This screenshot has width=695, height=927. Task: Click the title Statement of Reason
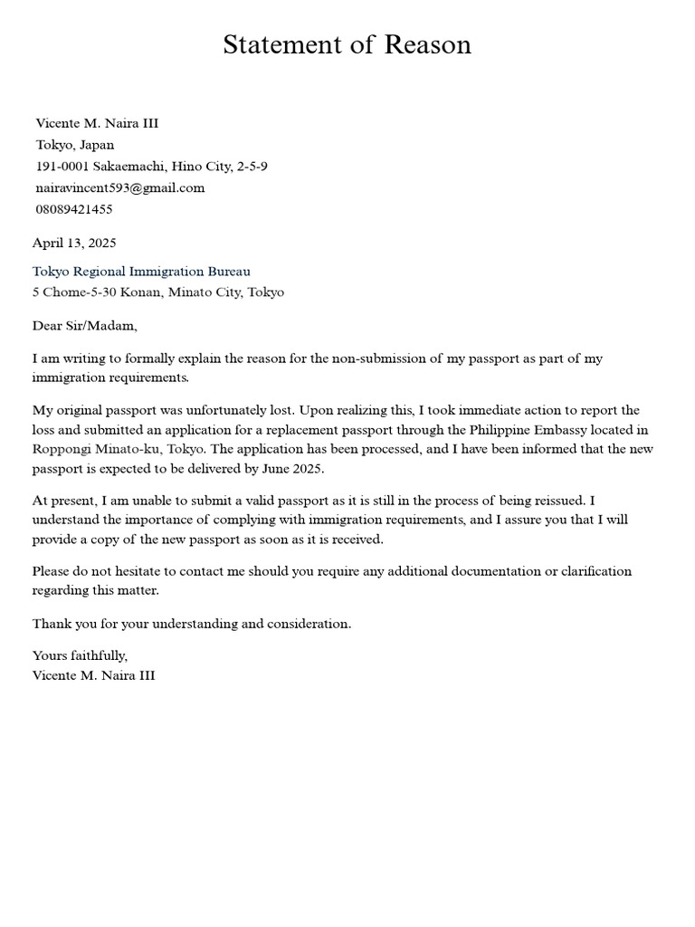pyautogui.click(x=347, y=44)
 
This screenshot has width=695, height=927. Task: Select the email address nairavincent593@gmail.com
pyautogui.click(x=120, y=187)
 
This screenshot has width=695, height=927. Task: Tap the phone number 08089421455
pyautogui.click(x=74, y=209)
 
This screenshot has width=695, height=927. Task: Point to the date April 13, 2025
pyautogui.click(x=74, y=243)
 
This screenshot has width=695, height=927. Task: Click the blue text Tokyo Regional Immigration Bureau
pyautogui.click(x=141, y=271)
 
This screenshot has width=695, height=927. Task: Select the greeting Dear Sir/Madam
pyautogui.click(x=85, y=325)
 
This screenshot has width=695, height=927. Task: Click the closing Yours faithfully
pyautogui.click(x=80, y=655)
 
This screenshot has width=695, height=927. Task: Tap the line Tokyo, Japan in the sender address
pyautogui.click(x=75, y=145)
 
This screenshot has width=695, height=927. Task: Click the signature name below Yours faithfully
pyautogui.click(x=93, y=674)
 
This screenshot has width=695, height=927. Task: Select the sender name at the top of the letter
pyautogui.click(x=97, y=123)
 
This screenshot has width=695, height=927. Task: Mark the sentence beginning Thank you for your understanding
pyautogui.click(x=191, y=624)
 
